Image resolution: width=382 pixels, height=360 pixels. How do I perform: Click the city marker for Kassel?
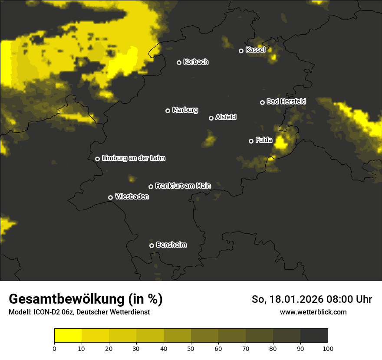coord(241,51)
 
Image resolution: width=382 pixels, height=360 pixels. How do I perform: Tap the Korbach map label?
coord(196,62)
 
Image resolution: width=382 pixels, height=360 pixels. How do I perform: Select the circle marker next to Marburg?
coord(168,111)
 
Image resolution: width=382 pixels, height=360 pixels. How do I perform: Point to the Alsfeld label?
coord(226,118)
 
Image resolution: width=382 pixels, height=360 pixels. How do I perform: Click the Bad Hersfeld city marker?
coord(262,102)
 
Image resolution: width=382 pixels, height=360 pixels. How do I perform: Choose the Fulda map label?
coord(264,140)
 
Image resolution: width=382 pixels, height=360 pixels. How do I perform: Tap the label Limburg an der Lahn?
coord(133,158)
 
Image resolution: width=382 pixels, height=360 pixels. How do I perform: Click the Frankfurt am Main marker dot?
coord(151,187)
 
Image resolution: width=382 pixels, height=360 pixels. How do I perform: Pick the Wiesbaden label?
coord(132,197)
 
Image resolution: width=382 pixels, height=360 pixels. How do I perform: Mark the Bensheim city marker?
coord(151,245)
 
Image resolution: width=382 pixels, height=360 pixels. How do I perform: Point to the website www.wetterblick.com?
coord(313,312)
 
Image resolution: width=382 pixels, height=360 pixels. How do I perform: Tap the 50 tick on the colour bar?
coord(191,348)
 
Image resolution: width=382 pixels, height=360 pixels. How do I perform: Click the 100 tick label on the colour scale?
coord(328,348)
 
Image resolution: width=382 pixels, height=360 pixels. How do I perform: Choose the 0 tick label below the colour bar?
coord(54,348)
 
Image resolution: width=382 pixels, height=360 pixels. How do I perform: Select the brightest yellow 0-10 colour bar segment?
coord(68,336)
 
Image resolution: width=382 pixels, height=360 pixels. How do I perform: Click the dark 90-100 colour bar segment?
coord(314,336)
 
